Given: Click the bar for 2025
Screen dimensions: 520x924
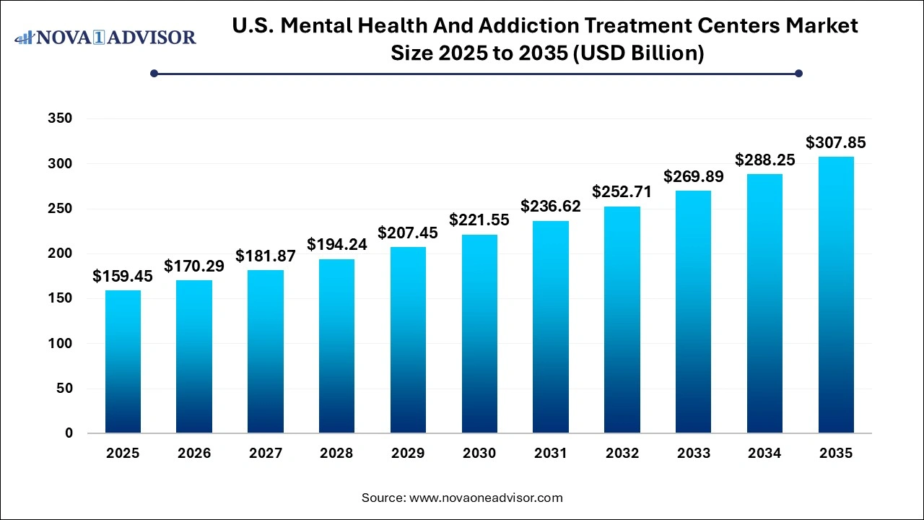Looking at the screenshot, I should [x=123, y=361].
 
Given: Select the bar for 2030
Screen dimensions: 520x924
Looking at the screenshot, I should [x=479, y=334].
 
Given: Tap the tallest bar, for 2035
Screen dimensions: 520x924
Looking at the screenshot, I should [x=836, y=295].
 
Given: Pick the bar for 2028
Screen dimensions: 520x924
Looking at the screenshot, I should [x=336, y=346].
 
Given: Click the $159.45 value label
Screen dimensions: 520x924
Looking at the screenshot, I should [x=123, y=277].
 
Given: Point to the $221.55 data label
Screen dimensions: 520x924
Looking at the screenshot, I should [x=479, y=220].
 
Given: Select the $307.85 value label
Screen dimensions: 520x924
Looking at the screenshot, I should [x=836, y=143].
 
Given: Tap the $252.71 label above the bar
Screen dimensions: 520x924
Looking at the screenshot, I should [x=622, y=192].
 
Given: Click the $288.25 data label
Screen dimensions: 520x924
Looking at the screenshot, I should [x=765, y=160].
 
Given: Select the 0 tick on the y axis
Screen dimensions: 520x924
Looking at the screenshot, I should [x=69, y=433].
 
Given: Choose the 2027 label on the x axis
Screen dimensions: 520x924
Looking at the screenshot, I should [x=266, y=454].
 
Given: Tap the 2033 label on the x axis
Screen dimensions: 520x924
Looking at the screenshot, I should [x=693, y=454].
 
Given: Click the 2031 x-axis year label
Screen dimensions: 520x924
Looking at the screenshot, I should [x=551, y=454].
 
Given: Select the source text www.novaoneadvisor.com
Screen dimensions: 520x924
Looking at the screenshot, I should [x=486, y=498].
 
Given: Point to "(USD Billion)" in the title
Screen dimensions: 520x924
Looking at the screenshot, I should [x=638, y=53].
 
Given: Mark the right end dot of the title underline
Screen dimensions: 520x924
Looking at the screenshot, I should [x=798, y=73].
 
